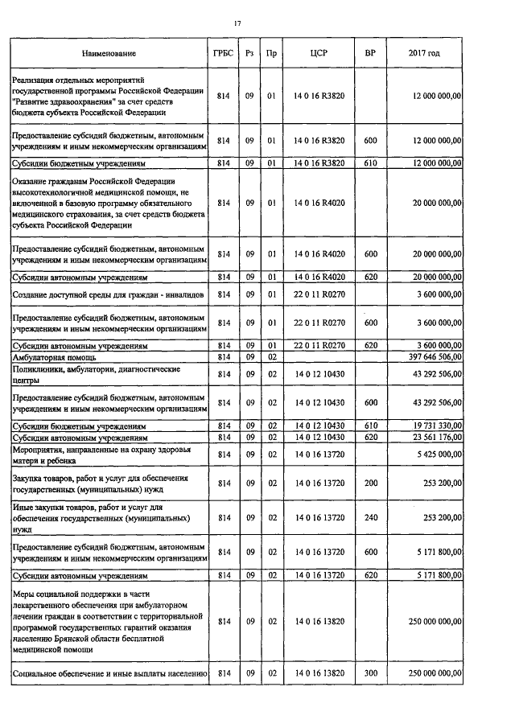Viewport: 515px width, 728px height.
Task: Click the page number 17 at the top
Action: [237, 23]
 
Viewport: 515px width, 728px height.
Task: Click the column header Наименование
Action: [109, 53]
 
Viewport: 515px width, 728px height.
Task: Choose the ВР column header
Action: [369, 53]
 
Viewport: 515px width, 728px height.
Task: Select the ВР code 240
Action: [370, 519]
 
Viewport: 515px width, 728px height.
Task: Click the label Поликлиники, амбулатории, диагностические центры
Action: [89, 374]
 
